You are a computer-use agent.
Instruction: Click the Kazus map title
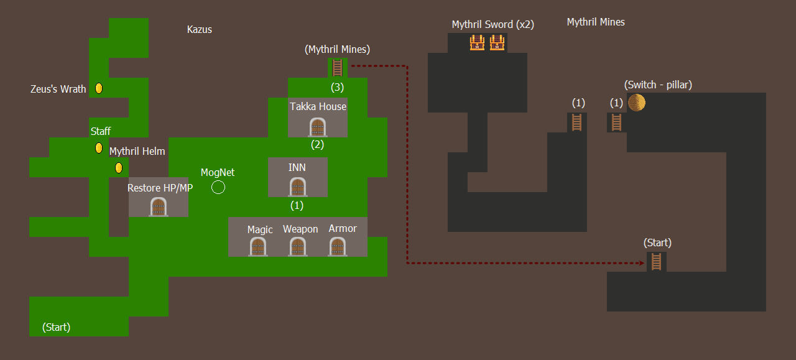coord(200,29)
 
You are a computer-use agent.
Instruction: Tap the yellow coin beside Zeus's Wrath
coord(99,88)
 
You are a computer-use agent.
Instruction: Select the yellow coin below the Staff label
coord(99,148)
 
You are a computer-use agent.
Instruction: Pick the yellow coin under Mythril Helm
coord(119,168)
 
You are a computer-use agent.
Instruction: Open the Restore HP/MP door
coord(159,206)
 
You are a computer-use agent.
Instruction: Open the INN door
coord(298,187)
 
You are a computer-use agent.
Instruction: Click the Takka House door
coord(318,127)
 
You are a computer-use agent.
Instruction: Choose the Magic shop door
coord(258,246)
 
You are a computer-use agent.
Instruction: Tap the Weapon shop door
coord(298,246)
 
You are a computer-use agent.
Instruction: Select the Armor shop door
coord(338,246)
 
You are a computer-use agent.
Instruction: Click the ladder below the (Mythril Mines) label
coord(337,68)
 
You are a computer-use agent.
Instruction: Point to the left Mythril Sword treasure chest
coord(477,43)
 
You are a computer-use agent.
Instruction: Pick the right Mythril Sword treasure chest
coord(497,43)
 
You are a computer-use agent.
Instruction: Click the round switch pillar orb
coord(636,103)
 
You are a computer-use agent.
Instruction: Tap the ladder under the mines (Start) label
coord(656,262)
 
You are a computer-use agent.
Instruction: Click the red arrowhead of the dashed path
coord(642,263)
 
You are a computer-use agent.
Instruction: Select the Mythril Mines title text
coord(596,22)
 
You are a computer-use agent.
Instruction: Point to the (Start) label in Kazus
coord(56,327)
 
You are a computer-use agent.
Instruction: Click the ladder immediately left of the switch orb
coord(616,122)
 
